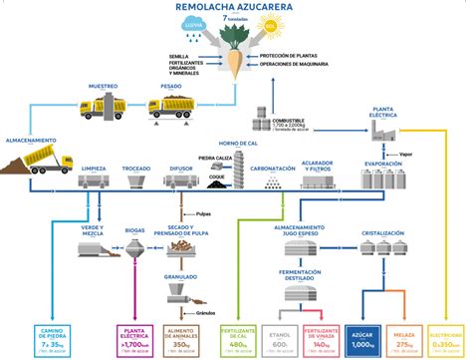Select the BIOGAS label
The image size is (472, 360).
point(135,229)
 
